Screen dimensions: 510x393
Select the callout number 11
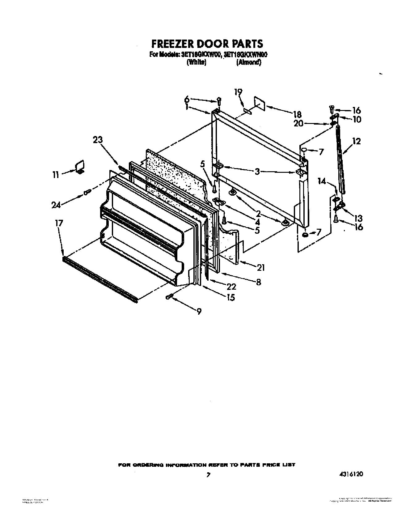[x=55, y=175]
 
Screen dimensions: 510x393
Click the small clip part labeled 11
[x=80, y=167]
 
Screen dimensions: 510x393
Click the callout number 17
[x=59, y=223]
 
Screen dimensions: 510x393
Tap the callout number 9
[x=199, y=312]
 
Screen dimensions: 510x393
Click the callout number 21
[x=261, y=268]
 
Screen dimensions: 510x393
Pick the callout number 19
[x=238, y=92]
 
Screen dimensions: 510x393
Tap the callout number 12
[x=356, y=141]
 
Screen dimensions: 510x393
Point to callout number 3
[x=257, y=172]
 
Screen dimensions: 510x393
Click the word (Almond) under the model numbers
[x=249, y=62]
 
